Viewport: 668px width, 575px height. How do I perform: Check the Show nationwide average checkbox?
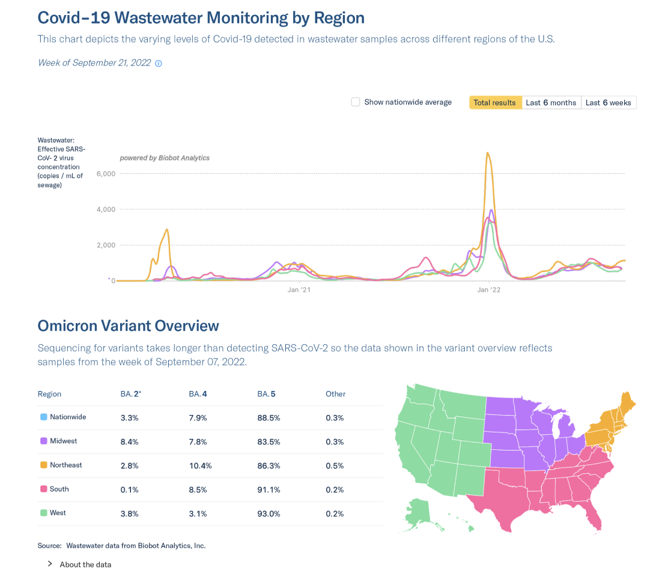pos(356,102)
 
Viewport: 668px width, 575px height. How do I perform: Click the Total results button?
pos(494,103)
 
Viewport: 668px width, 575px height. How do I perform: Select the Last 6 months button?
pos(551,103)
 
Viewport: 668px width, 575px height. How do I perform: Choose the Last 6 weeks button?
pos(608,103)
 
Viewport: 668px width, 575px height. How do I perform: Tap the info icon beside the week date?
pos(159,63)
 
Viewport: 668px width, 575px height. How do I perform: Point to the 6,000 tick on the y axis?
pos(105,174)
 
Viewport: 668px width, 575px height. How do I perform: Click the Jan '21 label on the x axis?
pos(299,290)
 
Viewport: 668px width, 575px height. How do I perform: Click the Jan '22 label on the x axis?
pos(488,290)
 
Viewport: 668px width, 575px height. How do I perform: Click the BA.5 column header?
pos(266,394)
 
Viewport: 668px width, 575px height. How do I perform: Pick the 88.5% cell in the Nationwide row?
pos(269,417)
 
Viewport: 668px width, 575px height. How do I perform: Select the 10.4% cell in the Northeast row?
pos(200,466)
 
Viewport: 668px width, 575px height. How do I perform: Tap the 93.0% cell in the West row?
pos(269,514)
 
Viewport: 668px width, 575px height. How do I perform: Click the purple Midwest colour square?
pos(43,441)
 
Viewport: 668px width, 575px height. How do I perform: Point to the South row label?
pos(59,489)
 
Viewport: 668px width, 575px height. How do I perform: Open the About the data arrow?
pos(50,564)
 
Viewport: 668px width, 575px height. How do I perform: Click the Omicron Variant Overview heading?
pos(128,326)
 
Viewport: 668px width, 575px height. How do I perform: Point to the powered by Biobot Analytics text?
pos(165,158)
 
